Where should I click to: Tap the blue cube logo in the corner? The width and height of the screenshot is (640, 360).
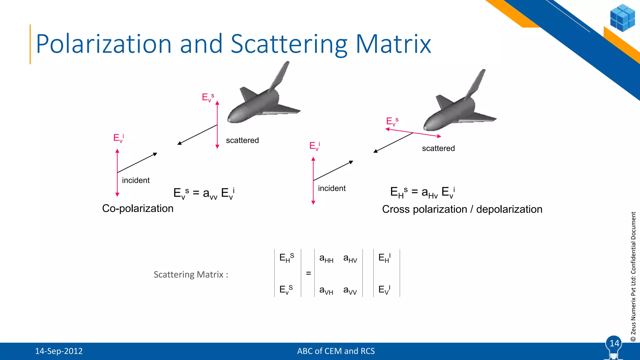(622, 18)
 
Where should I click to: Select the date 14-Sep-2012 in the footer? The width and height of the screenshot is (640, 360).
(59, 351)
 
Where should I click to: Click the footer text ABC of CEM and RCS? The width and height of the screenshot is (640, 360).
(336, 351)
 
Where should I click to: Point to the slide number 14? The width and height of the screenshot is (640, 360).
(614, 343)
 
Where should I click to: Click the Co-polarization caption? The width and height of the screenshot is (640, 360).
(137, 208)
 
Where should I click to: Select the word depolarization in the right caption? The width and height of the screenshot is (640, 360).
(509, 209)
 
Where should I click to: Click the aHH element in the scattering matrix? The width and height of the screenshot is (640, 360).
(326, 259)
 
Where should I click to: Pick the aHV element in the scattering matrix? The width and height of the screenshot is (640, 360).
(350, 259)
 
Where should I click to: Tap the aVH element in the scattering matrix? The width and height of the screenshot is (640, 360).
(326, 291)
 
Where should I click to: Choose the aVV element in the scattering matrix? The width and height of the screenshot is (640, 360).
(350, 291)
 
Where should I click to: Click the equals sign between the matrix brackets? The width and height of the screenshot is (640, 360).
(308, 273)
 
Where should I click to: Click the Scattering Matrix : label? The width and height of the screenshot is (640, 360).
(191, 275)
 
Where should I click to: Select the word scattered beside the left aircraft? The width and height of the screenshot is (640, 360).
(242, 140)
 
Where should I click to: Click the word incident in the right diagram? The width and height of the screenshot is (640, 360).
(332, 188)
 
